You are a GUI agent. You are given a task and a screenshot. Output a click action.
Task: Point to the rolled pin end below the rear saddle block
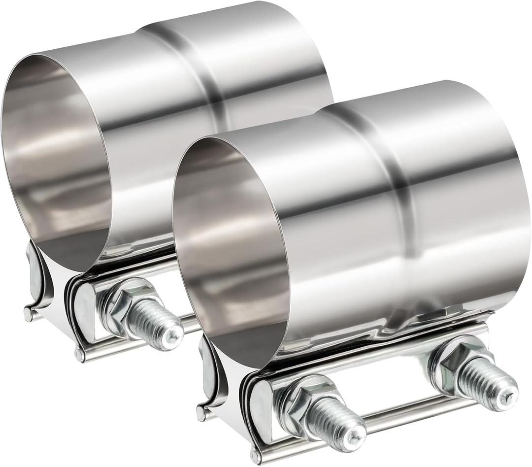[79, 354]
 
